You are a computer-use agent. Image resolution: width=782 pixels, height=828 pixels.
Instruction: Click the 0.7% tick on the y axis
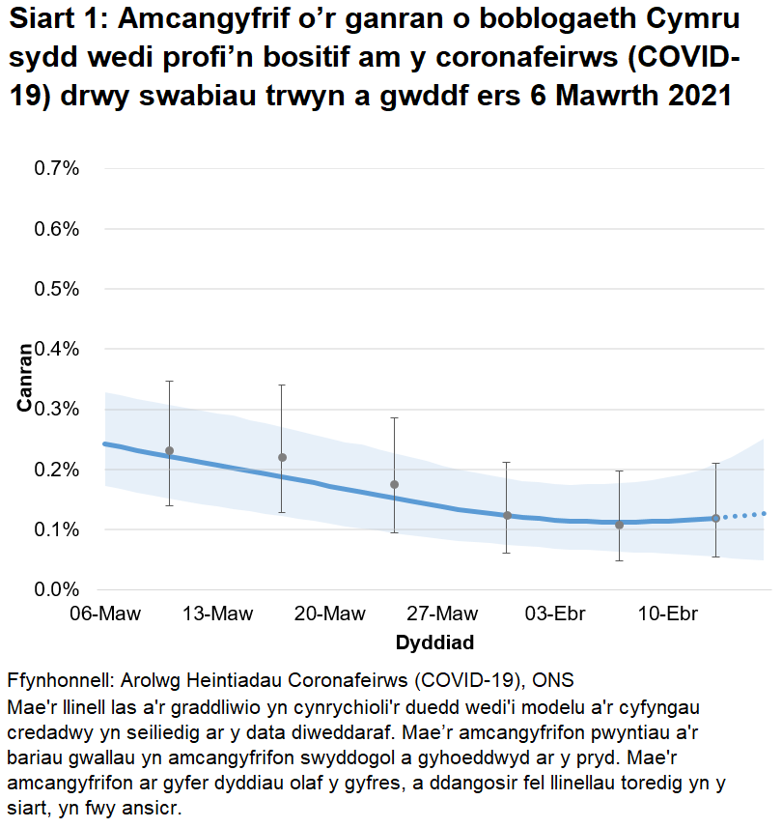coord(57,169)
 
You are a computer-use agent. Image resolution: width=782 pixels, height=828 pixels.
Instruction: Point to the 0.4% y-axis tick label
coord(57,349)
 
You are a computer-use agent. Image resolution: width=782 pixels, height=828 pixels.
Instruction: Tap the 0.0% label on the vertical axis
coord(57,589)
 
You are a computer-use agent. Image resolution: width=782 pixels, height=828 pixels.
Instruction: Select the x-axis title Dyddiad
coord(434,642)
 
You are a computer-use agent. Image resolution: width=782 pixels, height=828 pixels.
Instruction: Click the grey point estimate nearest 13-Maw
coord(169,451)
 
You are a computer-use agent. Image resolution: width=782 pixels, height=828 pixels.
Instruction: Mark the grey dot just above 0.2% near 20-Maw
coord(282,457)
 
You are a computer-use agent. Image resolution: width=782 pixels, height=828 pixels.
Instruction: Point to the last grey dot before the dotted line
coord(715,519)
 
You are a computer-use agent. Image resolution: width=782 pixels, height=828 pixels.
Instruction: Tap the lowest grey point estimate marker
coord(620,525)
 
